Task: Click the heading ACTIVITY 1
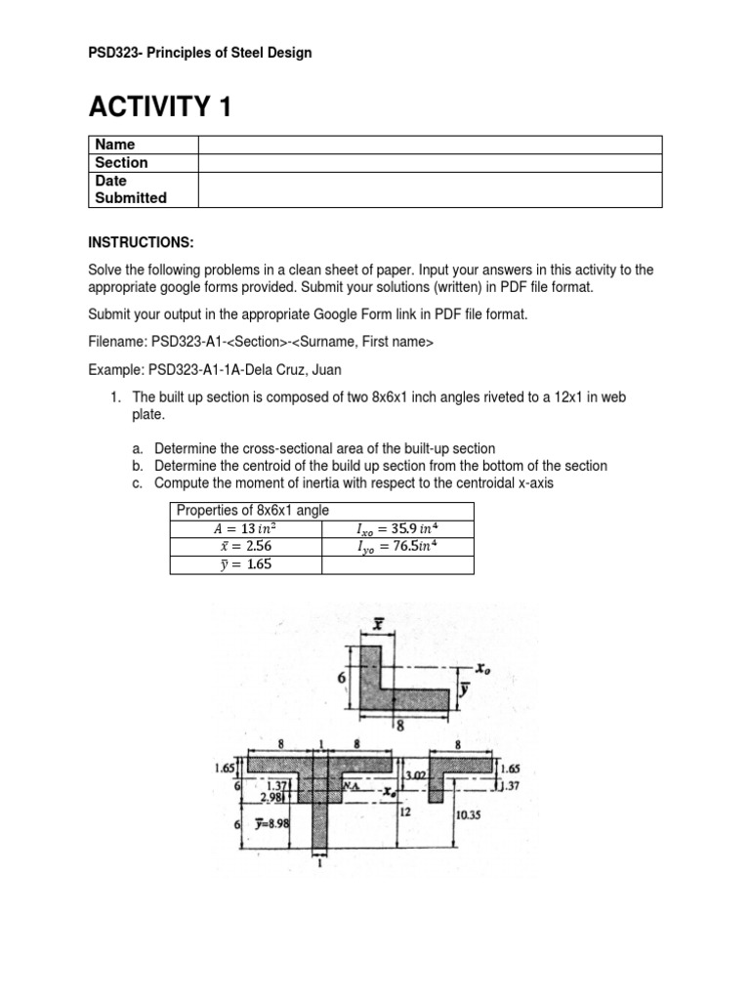click(161, 106)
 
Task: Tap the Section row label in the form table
click(121, 162)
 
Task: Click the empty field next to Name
click(430, 145)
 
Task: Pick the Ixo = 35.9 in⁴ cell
click(396, 528)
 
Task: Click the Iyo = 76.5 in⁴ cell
click(396, 546)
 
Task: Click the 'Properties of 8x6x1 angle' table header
click(252, 511)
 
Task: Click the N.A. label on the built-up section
click(350, 784)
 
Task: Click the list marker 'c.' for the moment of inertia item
click(142, 483)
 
